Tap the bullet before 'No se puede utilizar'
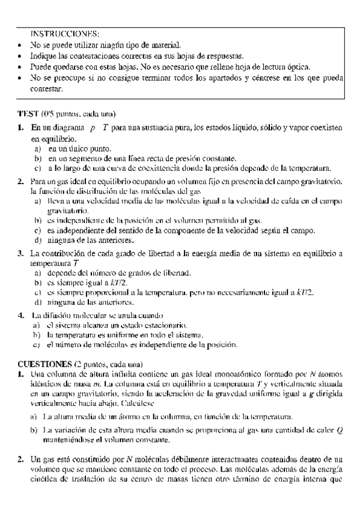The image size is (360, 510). coord(22,45)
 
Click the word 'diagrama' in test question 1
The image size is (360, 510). coord(66,128)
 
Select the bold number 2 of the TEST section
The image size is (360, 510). coord(20,181)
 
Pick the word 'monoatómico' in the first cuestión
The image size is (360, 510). coord(231,373)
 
